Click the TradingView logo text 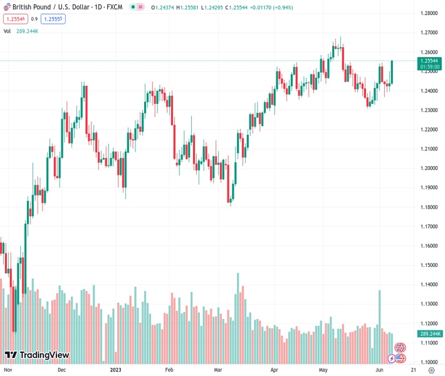coord(44,355)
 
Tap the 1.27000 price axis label coord(429,33)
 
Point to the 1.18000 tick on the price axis coord(429,207)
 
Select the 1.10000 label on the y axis coord(429,362)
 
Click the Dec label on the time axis coord(61,370)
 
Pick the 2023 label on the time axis coord(117,370)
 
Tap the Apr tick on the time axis coord(275,370)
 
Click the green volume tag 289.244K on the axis coord(431,334)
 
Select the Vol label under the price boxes coord(7,30)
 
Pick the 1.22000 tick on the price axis coord(429,130)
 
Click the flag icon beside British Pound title coord(7,6)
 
